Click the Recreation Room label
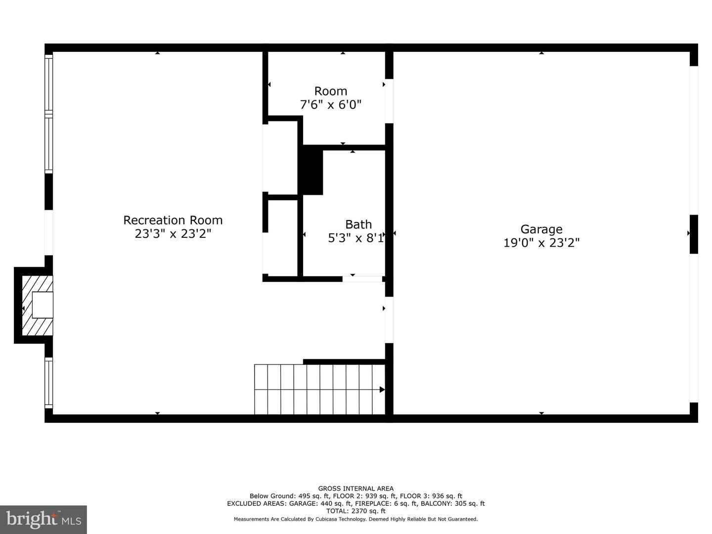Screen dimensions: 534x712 [x=173, y=220]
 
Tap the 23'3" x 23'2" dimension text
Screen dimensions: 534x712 [x=173, y=234]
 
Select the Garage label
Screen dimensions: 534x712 [x=541, y=229]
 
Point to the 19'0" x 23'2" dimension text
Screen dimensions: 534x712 [x=541, y=243]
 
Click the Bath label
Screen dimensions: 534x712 [x=358, y=224]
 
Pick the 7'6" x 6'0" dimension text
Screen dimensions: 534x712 [x=330, y=105]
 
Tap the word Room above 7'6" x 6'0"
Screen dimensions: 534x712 [x=330, y=91]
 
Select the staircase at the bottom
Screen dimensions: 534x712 [x=319, y=390]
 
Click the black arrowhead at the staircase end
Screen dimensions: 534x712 [x=382, y=390]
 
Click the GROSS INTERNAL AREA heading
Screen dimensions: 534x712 [x=356, y=489]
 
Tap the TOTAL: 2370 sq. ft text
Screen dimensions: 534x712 [x=356, y=511]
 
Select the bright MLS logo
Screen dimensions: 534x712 [x=44, y=519]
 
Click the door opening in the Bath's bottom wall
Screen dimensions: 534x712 [x=362, y=279]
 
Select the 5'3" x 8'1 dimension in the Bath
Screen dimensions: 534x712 [x=356, y=238]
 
